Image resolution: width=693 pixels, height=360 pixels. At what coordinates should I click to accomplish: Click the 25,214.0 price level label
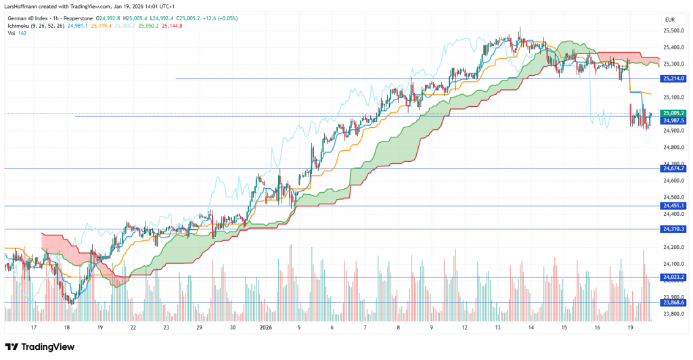tap(674, 79)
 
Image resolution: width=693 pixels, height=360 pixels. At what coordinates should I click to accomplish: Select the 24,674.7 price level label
tap(674, 168)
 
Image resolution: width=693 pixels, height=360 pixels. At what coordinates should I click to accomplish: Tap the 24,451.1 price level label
tap(674, 206)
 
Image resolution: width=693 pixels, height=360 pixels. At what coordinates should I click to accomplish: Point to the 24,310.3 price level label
tap(674, 229)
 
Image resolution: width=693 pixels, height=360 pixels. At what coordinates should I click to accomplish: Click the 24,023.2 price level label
tap(674, 277)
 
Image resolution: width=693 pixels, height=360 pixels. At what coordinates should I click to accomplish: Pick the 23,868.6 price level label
tap(674, 302)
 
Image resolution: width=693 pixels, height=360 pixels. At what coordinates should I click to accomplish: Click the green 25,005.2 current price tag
tap(674, 113)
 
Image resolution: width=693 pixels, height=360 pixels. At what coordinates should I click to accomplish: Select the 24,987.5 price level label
tap(674, 120)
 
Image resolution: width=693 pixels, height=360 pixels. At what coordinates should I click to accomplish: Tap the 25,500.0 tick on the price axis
tap(674, 30)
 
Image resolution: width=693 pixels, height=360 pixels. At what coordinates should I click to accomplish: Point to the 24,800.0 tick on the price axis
tap(674, 147)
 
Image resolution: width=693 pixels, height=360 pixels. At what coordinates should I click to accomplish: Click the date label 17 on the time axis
tap(33, 327)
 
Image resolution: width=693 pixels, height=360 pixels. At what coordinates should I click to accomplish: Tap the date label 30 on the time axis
tap(232, 327)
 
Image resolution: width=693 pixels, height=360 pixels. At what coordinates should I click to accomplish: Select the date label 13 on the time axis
tap(498, 327)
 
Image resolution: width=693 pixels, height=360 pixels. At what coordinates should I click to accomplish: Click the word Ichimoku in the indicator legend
tap(20, 26)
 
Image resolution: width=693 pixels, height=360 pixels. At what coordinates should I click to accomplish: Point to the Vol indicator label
tap(12, 34)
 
